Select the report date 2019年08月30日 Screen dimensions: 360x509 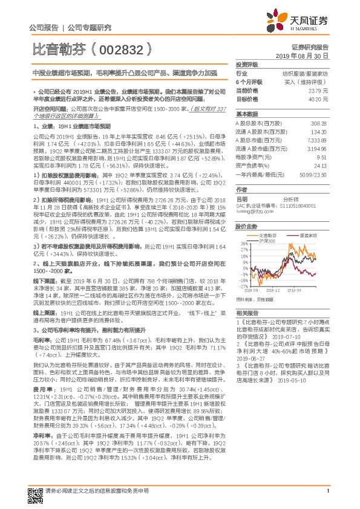307,55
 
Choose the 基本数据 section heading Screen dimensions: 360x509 246,114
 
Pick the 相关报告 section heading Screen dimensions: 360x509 246,313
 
